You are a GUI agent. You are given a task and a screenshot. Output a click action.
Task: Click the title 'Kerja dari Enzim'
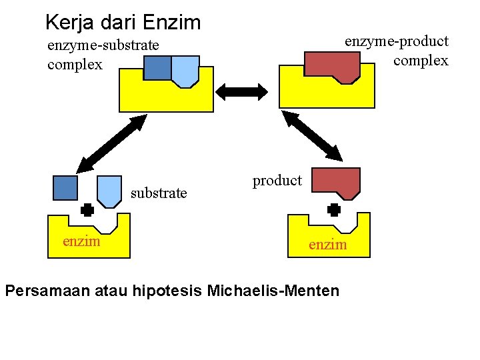[x=123, y=23]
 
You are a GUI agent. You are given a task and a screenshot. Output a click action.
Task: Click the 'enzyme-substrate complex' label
[x=103, y=55]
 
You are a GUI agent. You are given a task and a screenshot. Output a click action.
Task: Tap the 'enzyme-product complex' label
[x=397, y=51]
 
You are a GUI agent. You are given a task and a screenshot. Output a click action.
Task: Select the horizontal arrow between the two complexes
[x=245, y=91]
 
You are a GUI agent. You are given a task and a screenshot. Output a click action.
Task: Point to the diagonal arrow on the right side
[x=312, y=136]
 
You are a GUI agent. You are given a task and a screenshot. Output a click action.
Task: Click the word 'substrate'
[x=159, y=193]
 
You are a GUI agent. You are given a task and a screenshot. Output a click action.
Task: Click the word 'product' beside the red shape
[x=277, y=181]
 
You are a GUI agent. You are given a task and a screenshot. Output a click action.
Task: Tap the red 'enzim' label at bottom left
[x=81, y=241]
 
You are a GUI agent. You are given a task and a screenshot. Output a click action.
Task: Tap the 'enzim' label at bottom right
[x=327, y=245]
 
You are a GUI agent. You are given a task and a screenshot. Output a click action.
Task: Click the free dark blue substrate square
[x=65, y=187]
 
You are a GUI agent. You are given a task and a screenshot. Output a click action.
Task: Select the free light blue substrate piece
[x=109, y=190]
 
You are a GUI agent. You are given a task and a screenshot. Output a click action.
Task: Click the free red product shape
[x=337, y=183]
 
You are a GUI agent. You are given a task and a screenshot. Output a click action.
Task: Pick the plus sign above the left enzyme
[x=86, y=209]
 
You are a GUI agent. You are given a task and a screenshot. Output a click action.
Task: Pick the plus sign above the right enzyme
[x=334, y=209]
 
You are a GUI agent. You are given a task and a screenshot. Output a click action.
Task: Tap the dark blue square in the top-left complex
[x=157, y=67]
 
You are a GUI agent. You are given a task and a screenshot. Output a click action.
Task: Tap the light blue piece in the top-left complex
[x=185, y=70]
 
